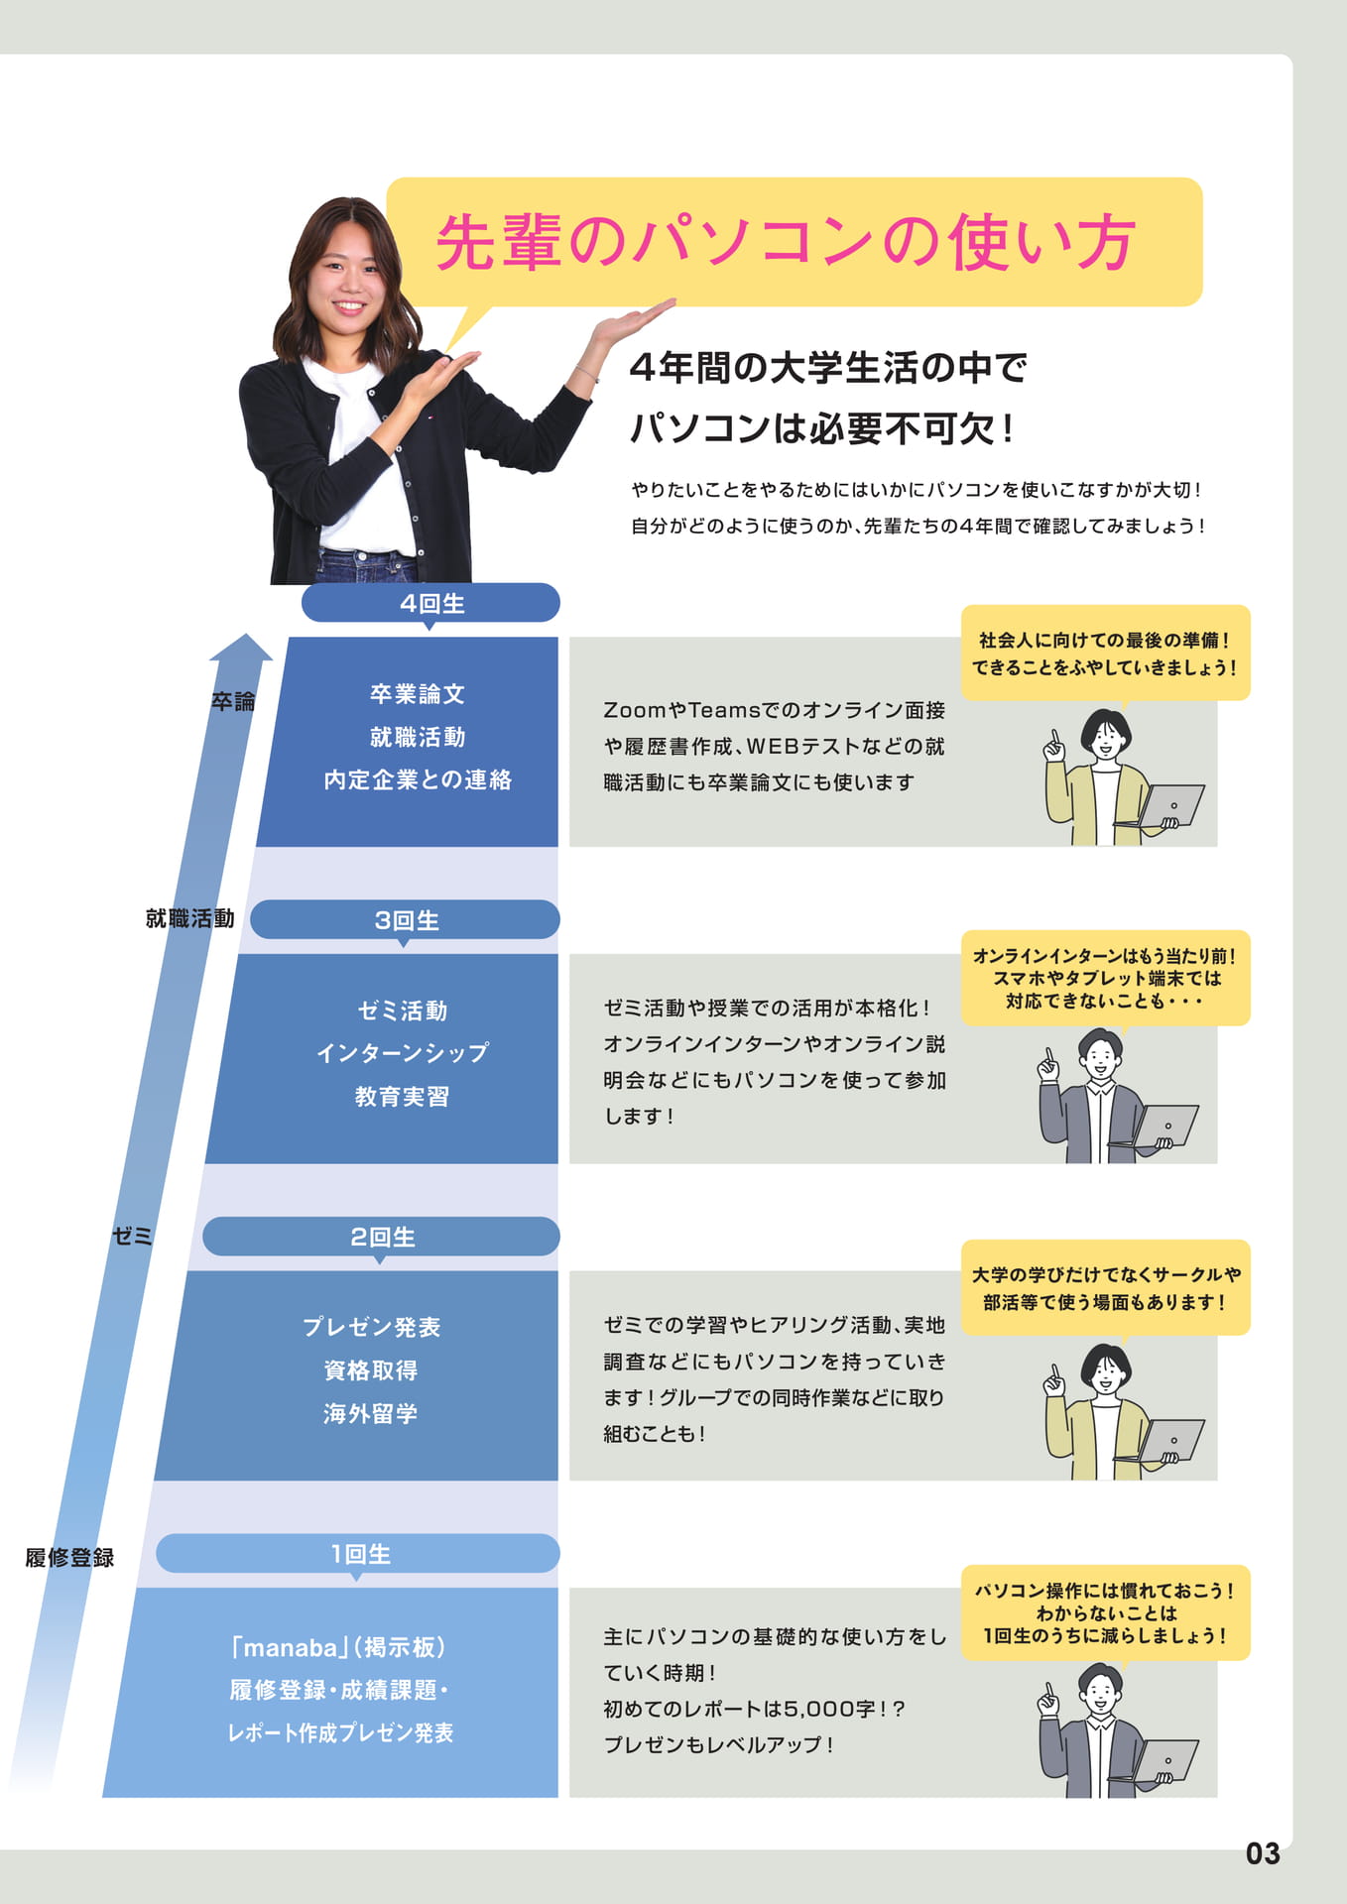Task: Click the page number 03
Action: click(x=1263, y=1853)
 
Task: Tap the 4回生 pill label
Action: click(x=430, y=603)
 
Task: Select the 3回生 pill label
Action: click(x=405, y=920)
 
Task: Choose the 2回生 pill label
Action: click(x=381, y=1237)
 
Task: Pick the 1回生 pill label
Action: click(x=358, y=1554)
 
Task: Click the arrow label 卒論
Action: click(x=233, y=701)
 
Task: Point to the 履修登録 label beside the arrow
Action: click(x=69, y=1557)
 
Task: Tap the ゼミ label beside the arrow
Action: click(x=132, y=1236)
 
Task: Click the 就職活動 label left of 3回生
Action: click(x=190, y=918)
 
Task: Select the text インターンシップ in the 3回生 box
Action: click(x=403, y=1053)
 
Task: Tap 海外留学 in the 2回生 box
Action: click(x=370, y=1413)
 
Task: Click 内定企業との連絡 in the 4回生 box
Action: click(x=418, y=780)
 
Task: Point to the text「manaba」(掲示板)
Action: click(x=338, y=1647)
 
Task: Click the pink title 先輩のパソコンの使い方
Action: click(x=786, y=242)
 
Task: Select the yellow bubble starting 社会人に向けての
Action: click(x=1105, y=654)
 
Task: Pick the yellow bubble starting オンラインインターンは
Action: click(x=1105, y=979)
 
